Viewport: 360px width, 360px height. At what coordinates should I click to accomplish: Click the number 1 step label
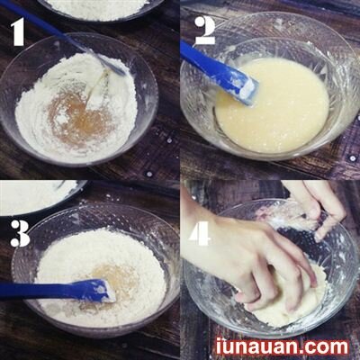[x=18, y=34]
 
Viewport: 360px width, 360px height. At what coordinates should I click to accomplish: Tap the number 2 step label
[x=204, y=31]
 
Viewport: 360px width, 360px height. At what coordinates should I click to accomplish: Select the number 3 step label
[x=20, y=232]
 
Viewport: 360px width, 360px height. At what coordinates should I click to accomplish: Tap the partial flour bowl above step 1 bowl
[x=99, y=8]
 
